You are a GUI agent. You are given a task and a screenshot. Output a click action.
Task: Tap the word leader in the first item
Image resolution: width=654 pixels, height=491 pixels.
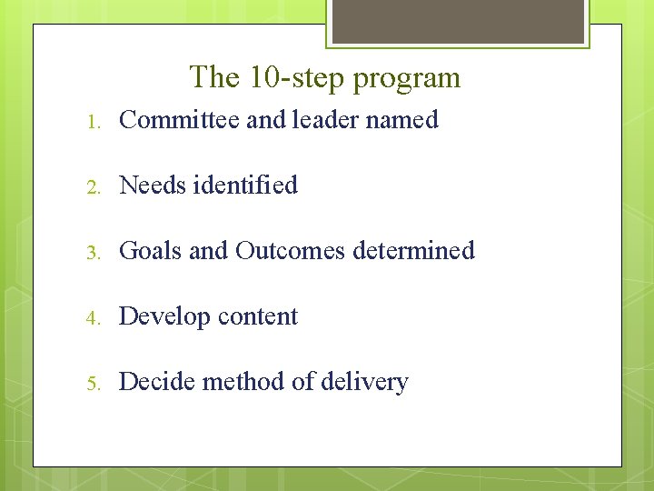point(325,120)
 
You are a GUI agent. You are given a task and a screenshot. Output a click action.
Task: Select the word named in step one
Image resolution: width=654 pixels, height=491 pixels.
point(402,120)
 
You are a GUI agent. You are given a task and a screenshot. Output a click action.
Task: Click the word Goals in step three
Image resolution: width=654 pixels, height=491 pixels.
point(150,251)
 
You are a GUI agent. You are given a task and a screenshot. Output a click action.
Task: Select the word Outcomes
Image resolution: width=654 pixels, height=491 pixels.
point(290,251)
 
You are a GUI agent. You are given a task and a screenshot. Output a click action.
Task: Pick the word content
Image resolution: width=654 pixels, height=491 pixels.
point(257,316)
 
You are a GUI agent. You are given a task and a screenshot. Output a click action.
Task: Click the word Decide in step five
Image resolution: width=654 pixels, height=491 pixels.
point(156,382)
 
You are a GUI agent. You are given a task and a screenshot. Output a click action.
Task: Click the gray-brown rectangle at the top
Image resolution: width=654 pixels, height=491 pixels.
point(458,21)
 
